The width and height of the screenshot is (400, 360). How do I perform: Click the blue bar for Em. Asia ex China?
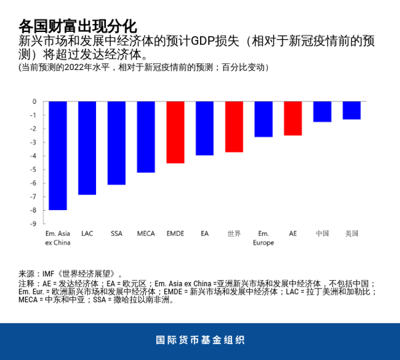(58, 155)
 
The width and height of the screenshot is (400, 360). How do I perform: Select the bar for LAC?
(87, 148)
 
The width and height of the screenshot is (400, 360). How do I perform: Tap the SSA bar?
(117, 143)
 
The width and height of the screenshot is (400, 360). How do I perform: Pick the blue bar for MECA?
(146, 137)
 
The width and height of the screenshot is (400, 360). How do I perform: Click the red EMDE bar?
(175, 132)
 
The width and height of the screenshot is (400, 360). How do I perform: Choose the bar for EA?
(205, 128)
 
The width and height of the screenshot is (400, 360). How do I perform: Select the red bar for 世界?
(234, 127)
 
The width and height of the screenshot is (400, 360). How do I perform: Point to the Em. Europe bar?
(263, 119)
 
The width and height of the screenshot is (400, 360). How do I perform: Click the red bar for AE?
(293, 118)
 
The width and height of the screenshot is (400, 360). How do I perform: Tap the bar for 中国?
(322, 111)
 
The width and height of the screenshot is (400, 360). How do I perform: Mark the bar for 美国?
(351, 110)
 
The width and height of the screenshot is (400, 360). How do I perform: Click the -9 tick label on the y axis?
(33, 224)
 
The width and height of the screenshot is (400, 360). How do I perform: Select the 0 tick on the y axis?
(35, 101)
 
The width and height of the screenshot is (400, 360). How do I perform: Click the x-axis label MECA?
(146, 233)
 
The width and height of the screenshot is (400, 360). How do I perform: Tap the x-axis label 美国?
(351, 233)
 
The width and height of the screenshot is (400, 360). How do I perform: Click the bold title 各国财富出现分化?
(77, 26)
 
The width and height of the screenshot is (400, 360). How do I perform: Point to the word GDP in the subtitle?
(203, 41)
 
